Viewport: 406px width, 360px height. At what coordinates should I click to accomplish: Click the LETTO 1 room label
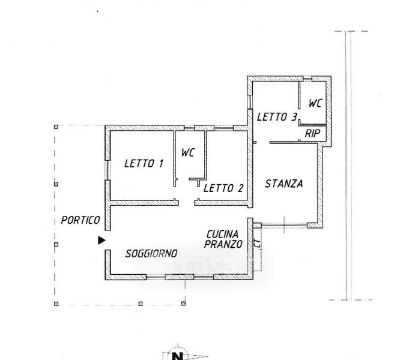tap(144, 163)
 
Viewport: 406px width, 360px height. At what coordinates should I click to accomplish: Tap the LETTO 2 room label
tap(223, 188)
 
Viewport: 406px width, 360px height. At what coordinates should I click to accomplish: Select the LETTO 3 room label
tap(277, 117)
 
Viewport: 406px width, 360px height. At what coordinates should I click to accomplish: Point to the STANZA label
tap(283, 184)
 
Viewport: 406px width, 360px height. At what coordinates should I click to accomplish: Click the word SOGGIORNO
tap(151, 253)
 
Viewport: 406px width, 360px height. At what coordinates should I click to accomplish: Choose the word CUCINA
tap(223, 234)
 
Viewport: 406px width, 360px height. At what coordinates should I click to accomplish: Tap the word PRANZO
tap(223, 244)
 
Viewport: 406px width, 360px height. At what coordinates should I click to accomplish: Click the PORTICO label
tap(80, 220)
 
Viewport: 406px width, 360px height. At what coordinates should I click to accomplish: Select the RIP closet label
tap(312, 133)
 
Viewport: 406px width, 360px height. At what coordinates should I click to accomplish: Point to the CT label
tap(256, 244)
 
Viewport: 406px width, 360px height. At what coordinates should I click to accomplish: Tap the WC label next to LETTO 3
tap(315, 103)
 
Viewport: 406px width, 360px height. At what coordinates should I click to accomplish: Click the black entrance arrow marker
tap(101, 240)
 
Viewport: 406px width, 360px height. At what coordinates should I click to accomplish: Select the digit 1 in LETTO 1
tap(162, 163)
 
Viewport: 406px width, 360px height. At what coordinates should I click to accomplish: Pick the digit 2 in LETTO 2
tap(241, 188)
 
